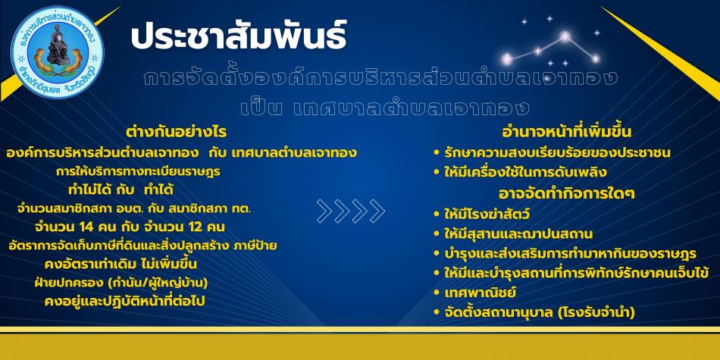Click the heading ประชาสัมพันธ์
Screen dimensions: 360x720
coord(238,36)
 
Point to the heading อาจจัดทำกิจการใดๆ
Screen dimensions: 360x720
coord(567,193)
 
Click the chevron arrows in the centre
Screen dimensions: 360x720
coord(351,211)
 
